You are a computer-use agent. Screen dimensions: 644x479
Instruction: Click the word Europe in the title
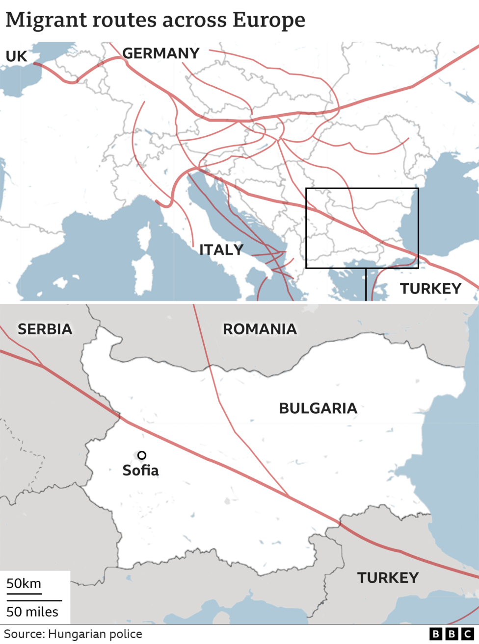268,20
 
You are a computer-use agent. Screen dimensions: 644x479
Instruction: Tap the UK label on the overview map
16,56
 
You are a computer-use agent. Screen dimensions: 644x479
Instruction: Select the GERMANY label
160,53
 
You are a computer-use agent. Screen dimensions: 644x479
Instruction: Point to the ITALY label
221,250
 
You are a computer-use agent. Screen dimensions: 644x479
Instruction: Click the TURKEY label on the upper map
430,289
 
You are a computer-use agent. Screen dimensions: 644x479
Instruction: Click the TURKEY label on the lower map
388,578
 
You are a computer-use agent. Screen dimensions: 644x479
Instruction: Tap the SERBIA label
45,329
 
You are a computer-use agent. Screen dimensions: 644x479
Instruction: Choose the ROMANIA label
260,329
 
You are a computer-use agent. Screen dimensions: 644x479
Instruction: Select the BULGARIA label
318,408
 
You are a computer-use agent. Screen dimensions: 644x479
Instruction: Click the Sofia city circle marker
142,455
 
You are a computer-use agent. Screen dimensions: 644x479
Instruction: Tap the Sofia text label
140,471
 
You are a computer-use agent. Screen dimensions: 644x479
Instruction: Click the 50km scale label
24,584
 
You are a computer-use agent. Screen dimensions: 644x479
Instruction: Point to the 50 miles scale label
32,612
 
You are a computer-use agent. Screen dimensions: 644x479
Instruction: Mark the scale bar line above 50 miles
34,600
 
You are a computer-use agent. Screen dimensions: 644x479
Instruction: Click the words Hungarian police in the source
95,634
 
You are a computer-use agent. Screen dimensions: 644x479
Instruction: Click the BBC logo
451,634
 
